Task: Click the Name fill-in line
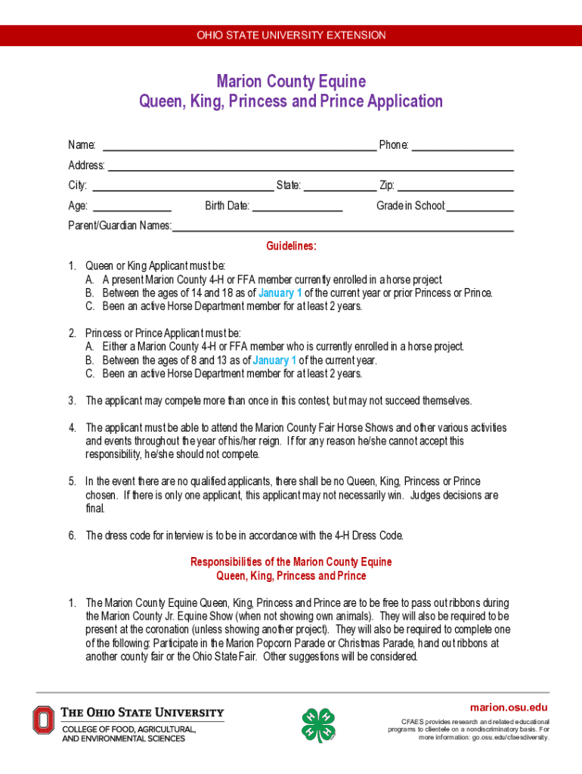[239, 145]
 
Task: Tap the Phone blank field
[463, 145]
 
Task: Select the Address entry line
[310, 166]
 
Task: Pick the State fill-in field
[339, 186]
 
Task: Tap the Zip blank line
[456, 186]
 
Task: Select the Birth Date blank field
[297, 206]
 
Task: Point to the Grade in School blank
[480, 206]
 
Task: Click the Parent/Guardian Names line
[343, 226]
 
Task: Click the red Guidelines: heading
[291, 246]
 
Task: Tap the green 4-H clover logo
[317, 725]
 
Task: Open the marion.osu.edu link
[509, 707]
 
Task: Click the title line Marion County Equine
[291, 81]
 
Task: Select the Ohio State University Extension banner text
[291, 36]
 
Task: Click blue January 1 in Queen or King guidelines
[280, 293]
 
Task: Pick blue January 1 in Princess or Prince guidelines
[274, 360]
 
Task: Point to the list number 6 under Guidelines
[72, 536]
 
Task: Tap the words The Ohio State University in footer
[142, 713]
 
